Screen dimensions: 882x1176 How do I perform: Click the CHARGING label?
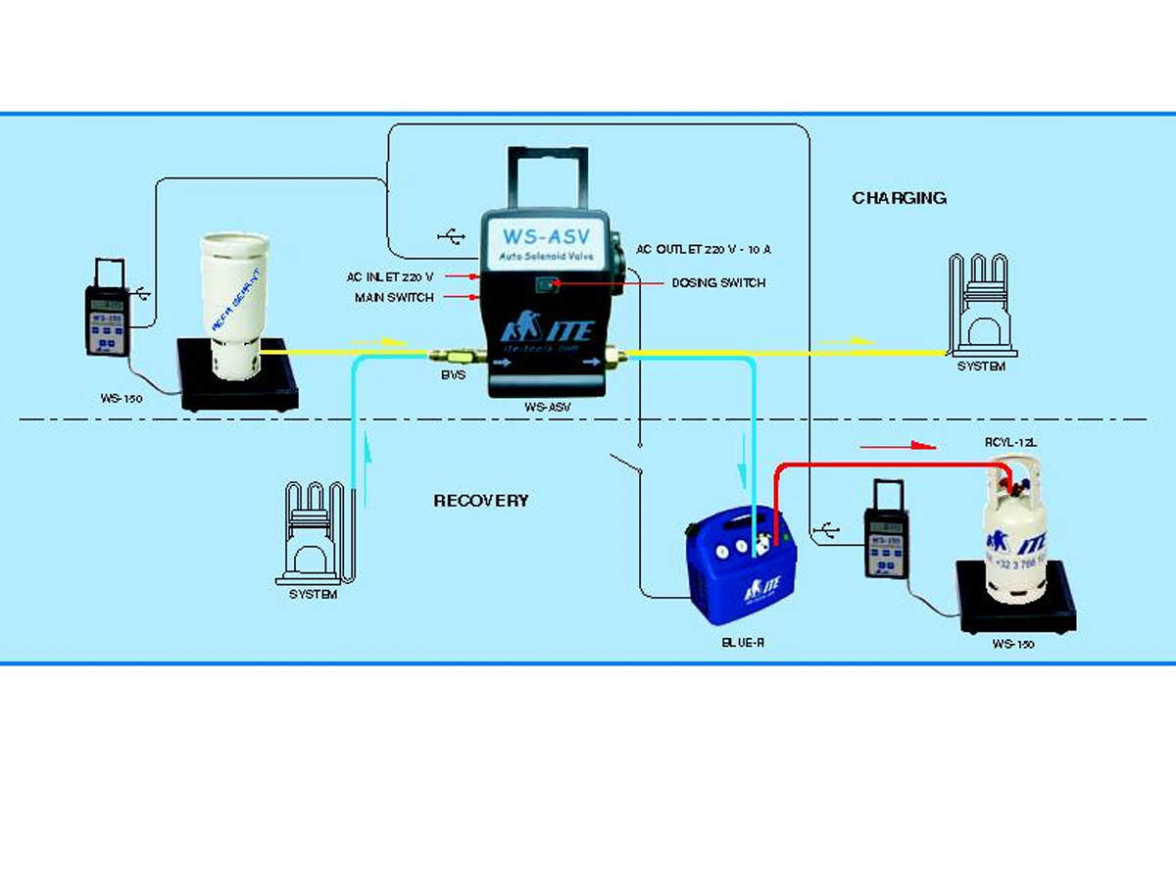pyautogui.click(x=899, y=198)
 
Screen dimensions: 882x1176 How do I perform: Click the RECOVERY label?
pyautogui.click(x=480, y=501)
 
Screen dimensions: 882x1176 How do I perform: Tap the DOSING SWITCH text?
pyautogui.click(x=718, y=283)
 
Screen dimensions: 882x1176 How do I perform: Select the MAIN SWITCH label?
pyautogui.click(x=395, y=297)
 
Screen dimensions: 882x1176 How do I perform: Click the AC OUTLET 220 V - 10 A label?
pyautogui.click(x=703, y=249)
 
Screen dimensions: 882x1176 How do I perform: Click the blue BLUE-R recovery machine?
pyautogui.click(x=741, y=568)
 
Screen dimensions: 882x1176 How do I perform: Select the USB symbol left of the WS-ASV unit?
pyautogui.click(x=451, y=236)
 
